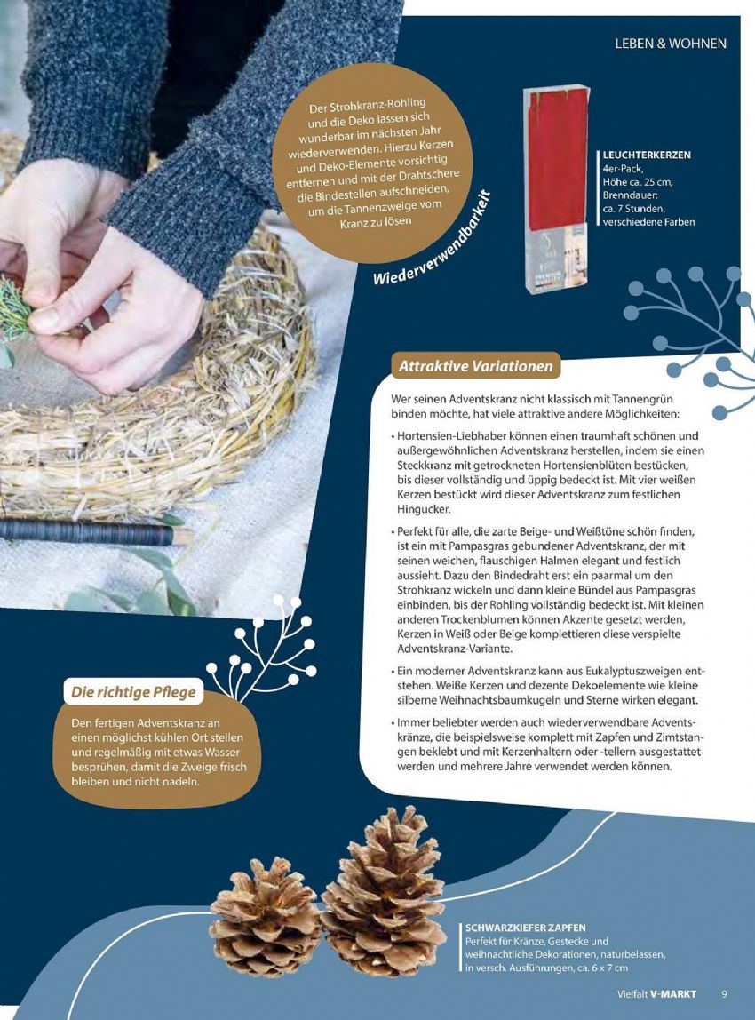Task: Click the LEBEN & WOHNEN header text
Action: (x=671, y=44)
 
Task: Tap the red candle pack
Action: (x=557, y=188)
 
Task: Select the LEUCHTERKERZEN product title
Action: (x=647, y=155)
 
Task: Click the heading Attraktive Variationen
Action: (x=475, y=365)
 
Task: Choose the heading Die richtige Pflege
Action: (x=133, y=691)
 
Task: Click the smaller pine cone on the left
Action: (x=266, y=917)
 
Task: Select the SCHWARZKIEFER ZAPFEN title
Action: (x=526, y=928)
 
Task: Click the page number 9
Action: (x=725, y=994)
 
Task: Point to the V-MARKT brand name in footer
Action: (x=673, y=994)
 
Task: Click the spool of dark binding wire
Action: (x=91, y=532)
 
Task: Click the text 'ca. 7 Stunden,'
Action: (x=633, y=209)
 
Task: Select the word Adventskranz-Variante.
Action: (x=455, y=649)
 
